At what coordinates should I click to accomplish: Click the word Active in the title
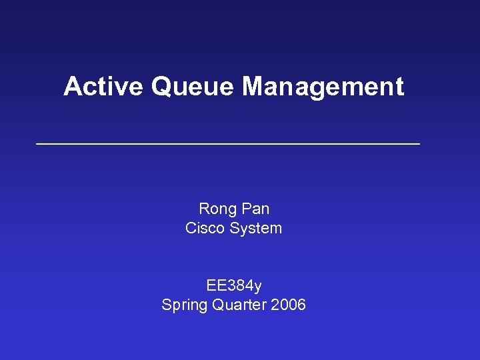pyautogui.click(x=104, y=87)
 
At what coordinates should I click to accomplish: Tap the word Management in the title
pyautogui.click(x=323, y=87)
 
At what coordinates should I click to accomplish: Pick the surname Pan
pyautogui.click(x=255, y=209)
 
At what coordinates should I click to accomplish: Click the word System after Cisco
pyautogui.click(x=256, y=228)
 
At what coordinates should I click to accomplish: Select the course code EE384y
pyautogui.click(x=234, y=286)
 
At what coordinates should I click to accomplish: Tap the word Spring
pyautogui.click(x=185, y=305)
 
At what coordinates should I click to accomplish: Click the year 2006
pyautogui.click(x=288, y=305)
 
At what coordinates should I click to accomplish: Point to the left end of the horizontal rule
pyautogui.click(x=37, y=144)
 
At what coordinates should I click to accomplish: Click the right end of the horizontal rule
pyautogui.click(x=419, y=144)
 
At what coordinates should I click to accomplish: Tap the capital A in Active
pyautogui.click(x=72, y=87)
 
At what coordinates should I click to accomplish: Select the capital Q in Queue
pyautogui.click(x=162, y=87)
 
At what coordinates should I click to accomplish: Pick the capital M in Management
pyautogui.click(x=253, y=87)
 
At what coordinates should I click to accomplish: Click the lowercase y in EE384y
pyautogui.click(x=257, y=287)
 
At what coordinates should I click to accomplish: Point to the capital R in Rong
pyautogui.click(x=204, y=209)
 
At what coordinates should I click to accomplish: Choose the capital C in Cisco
pyautogui.click(x=191, y=228)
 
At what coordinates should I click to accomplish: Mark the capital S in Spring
pyautogui.click(x=167, y=305)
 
